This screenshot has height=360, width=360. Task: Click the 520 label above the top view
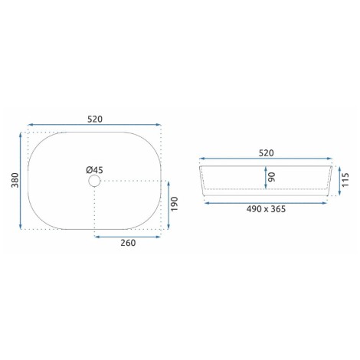[x=95, y=119]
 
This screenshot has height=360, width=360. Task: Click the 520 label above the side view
[x=266, y=153]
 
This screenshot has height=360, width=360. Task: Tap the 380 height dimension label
[x=15, y=180]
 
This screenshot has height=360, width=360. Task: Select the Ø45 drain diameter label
[x=94, y=170]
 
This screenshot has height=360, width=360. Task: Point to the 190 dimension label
[x=174, y=204]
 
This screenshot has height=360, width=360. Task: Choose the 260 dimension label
[x=128, y=243]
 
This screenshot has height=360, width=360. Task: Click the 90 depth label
[x=272, y=177]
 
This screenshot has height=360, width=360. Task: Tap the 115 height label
[x=345, y=180]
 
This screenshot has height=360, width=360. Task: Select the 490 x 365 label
[x=266, y=209]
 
